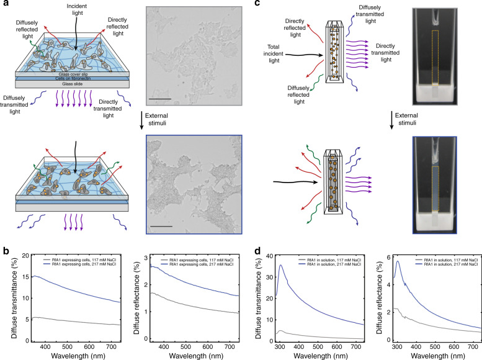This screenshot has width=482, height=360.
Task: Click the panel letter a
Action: click(x=5, y=6)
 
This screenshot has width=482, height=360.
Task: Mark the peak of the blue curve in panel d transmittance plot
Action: click(x=282, y=266)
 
